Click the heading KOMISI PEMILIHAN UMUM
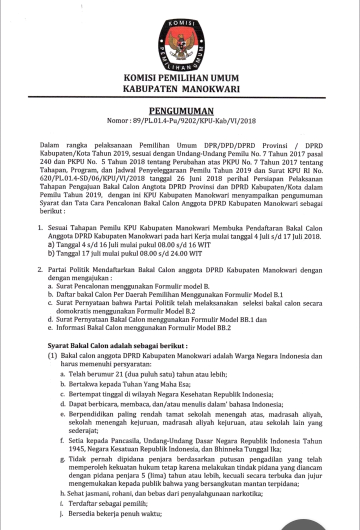[x=181, y=78]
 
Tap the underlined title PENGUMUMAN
[x=181, y=110]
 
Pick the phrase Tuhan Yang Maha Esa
[x=133, y=384]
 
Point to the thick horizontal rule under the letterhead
[x=181, y=97]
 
